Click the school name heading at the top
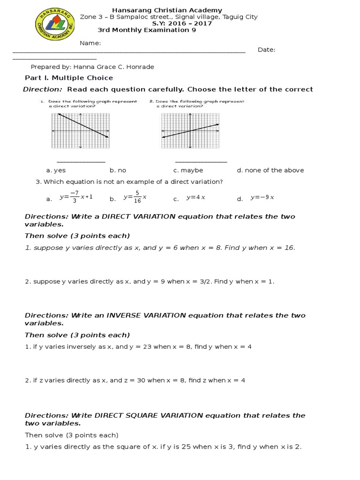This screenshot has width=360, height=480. click(x=167, y=10)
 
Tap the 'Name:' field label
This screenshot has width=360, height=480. click(x=90, y=43)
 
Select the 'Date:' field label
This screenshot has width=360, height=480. click(x=266, y=50)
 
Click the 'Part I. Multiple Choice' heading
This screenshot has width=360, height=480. click(x=68, y=78)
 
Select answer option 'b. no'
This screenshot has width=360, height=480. click(x=118, y=170)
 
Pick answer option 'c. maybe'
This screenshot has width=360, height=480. click(x=188, y=170)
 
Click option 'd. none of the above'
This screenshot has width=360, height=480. click(x=270, y=170)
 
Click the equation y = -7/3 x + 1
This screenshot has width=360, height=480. click(x=75, y=197)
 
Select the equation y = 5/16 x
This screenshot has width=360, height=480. click(x=135, y=197)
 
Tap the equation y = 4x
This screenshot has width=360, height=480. click(x=195, y=197)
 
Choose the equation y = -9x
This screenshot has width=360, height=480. click(x=262, y=197)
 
